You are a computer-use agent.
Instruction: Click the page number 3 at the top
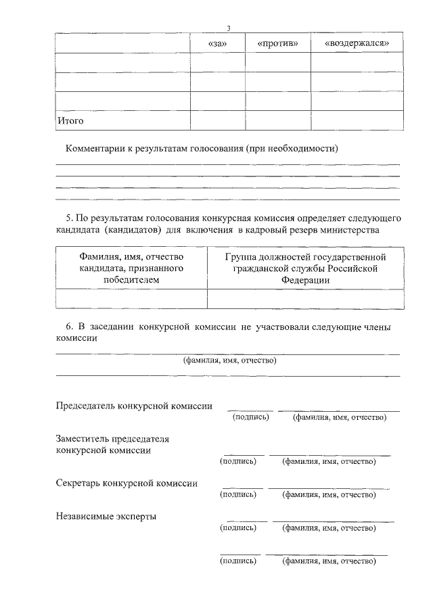(x=229, y=28)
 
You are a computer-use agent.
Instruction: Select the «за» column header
(x=217, y=43)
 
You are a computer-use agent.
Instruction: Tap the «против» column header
(x=277, y=43)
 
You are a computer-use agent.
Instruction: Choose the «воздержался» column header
(x=357, y=43)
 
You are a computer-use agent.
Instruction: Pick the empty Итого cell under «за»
(x=217, y=120)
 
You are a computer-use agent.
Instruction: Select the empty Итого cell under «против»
(x=277, y=120)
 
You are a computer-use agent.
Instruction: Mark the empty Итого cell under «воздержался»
(x=357, y=120)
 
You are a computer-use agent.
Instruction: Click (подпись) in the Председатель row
(x=250, y=417)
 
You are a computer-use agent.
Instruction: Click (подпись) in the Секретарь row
(x=238, y=494)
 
